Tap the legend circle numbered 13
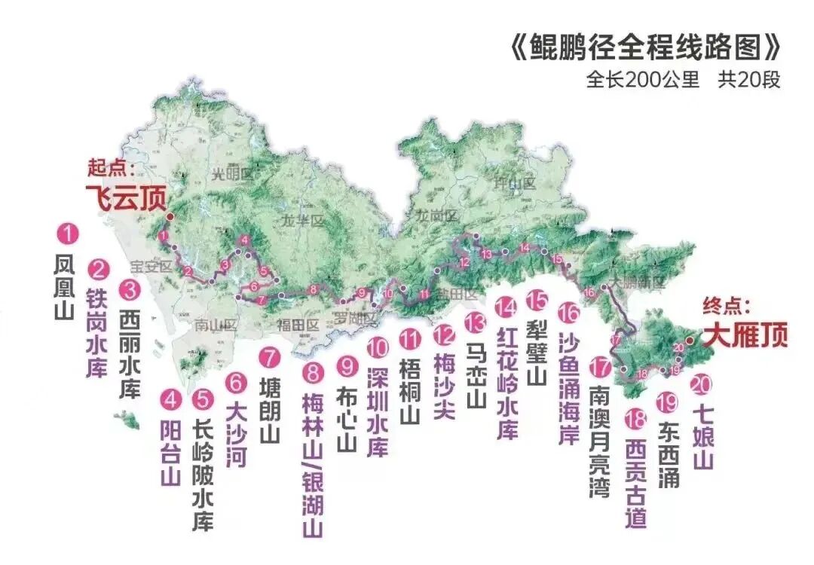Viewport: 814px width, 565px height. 476,322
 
